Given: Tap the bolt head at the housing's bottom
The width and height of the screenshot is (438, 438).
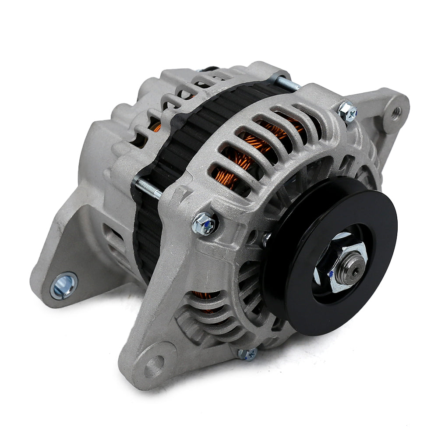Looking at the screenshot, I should pyautogui.click(x=248, y=354).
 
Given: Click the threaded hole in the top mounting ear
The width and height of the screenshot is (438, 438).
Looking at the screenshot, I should pyautogui.click(x=396, y=111).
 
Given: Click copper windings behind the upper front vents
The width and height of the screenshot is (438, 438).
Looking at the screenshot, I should pyautogui.click(x=245, y=153).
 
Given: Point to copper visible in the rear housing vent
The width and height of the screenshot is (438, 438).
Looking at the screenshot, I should pyautogui.click(x=155, y=127).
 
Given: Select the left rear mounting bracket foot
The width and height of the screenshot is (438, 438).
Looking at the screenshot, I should pyautogui.click(x=66, y=263).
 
